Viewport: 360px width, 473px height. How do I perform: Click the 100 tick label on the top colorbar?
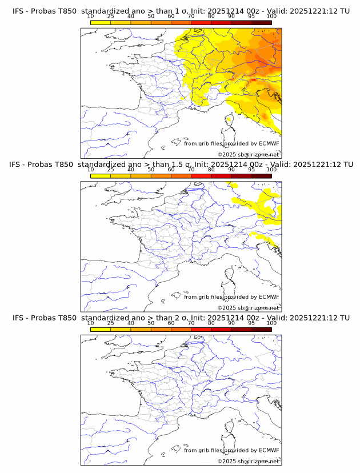[x=271, y=16]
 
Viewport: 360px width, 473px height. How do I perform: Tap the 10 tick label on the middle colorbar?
[x=91, y=169]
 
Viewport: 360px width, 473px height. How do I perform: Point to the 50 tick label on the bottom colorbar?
[x=151, y=323]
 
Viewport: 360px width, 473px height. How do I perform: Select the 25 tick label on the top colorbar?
[x=111, y=16]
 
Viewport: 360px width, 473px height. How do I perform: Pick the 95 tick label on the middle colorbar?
[x=251, y=169]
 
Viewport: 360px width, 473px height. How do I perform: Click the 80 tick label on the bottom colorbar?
[x=211, y=323]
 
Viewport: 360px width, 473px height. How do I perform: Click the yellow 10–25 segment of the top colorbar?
[x=101, y=22]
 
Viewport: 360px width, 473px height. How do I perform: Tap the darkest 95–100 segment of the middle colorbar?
[x=261, y=176]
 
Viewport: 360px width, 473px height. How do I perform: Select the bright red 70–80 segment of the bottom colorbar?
[x=201, y=329]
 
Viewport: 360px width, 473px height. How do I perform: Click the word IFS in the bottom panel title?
[x=19, y=318]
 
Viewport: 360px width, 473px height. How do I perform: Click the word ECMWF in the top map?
[x=269, y=143]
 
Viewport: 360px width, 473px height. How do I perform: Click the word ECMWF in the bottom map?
[x=269, y=450]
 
